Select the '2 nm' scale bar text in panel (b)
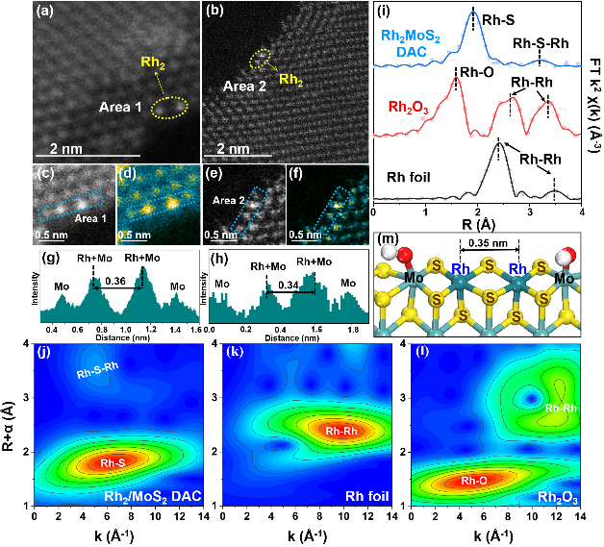(233, 150)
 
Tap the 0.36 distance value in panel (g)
(115, 281)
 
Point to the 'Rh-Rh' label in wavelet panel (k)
(344, 432)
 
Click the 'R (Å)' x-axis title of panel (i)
(476, 223)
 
